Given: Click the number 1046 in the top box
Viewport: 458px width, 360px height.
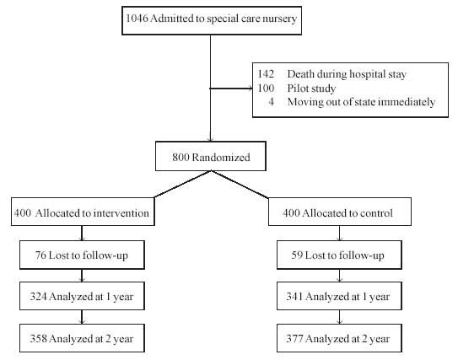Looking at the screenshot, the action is pyautogui.click(x=137, y=19).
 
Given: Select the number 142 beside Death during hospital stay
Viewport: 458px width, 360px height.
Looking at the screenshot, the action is pyautogui.click(x=266, y=73).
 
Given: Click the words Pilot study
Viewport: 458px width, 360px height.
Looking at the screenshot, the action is pyautogui.click(x=312, y=89).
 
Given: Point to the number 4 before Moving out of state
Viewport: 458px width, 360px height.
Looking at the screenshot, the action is pyautogui.click(x=272, y=102).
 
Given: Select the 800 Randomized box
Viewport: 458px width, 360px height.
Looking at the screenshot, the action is pyautogui.click(x=211, y=156).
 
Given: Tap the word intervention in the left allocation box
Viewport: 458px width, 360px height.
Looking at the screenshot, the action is pyautogui.click(x=121, y=212).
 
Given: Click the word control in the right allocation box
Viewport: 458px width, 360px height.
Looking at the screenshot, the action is pyautogui.click(x=376, y=212).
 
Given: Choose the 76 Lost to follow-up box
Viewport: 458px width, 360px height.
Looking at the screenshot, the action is pyautogui.click(x=82, y=255).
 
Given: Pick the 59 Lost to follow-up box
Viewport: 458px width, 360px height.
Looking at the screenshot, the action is pyautogui.click(x=339, y=255).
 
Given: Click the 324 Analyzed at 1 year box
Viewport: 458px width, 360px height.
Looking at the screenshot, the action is pyautogui.click(x=82, y=296).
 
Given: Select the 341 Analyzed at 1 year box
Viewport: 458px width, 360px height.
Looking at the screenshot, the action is pyautogui.click(x=339, y=296).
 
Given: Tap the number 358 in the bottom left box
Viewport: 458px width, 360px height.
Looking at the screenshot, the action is pyautogui.click(x=38, y=338).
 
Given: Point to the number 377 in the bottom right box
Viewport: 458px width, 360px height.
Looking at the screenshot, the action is pyautogui.click(x=294, y=338).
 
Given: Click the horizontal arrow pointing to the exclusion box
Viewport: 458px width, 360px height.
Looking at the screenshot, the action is pyautogui.click(x=231, y=89).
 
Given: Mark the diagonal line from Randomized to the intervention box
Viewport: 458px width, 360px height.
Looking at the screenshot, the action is pyautogui.click(x=182, y=185).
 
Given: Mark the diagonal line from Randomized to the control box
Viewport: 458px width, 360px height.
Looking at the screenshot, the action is pyautogui.click(x=240, y=185).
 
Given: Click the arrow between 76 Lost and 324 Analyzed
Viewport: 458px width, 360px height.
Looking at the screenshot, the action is pyautogui.click(x=82, y=276).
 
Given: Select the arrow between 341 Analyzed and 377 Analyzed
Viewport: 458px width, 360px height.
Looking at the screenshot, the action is pyautogui.click(x=339, y=317).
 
